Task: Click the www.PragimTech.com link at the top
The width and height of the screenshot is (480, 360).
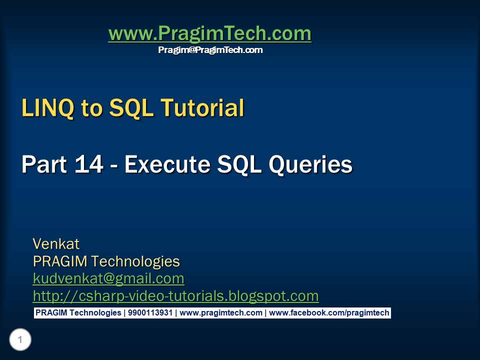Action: [x=210, y=33]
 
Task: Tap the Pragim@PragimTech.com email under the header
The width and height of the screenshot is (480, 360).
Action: [x=210, y=50]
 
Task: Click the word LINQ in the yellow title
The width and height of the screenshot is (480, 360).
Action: [x=48, y=108]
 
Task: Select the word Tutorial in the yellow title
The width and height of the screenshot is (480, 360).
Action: [x=202, y=108]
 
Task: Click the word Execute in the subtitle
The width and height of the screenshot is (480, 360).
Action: [x=167, y=164]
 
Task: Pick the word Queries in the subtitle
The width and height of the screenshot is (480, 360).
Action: [x=310, y=164]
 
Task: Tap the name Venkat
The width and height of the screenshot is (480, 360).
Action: [x=56, y=244]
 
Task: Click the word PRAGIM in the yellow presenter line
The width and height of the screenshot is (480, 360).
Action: [x=60, y=261]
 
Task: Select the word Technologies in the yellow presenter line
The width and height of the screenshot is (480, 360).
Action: [x=135, y=262]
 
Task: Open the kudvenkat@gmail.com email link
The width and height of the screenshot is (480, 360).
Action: [x=108, y=279]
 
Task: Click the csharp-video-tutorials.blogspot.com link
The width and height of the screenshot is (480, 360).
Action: [x=175, y=296]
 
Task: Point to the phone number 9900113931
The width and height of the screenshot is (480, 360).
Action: [x=150, y=312]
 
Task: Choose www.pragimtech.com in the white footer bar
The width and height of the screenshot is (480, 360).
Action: [x=220, y=313]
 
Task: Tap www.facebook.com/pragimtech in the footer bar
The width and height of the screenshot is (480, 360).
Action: [x=329, y=313]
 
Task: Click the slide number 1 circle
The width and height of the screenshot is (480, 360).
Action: [x=20, y=339]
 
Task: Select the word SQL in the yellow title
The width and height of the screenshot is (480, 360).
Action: [x=131, y=108]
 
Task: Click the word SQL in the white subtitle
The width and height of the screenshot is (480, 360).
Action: [x=239, y=164]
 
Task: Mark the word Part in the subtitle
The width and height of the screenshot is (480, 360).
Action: [x=44, y=164]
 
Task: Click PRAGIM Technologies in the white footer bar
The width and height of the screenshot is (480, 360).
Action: [x=78, y=313]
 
